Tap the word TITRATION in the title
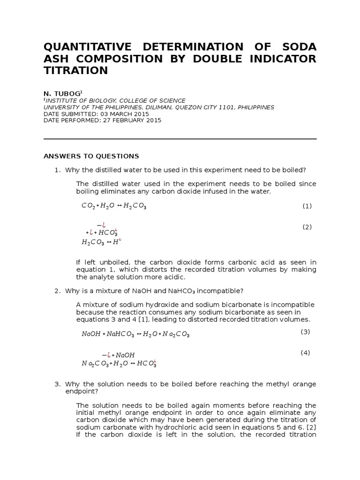point(76,71)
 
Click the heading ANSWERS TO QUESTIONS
point(91,156)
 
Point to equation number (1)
point(307,206)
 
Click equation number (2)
point(307,227)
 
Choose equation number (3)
point(306,332)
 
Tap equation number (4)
point(306,353)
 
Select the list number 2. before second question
point(58,291)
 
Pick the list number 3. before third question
point(58,384)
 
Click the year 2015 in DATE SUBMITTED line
point(140,114)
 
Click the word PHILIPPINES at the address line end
point(256,107)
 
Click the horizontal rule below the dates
point(180,139)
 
